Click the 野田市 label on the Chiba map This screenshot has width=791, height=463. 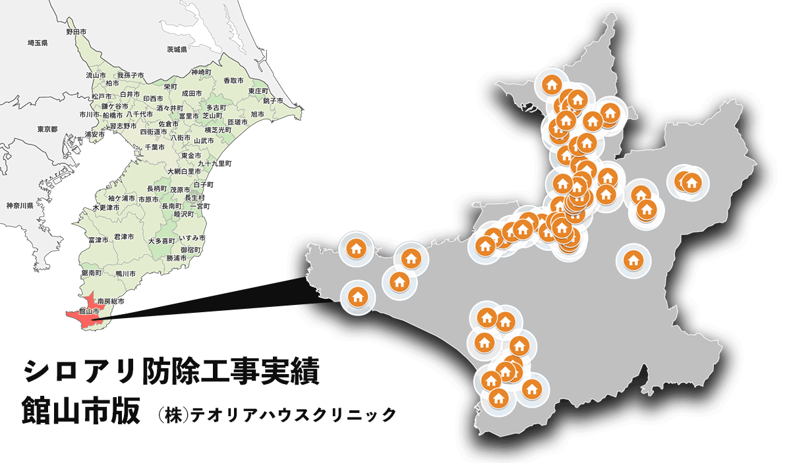tap(76, 32)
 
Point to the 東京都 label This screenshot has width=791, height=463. tap(48, 128)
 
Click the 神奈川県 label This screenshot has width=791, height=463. tap(20, 206)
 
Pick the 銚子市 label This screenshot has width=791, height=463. tap(272, 101)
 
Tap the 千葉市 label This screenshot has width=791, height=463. tap(154, 147)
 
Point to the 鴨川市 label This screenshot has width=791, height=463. tap(124, 273)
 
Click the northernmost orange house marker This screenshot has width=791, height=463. tap(551, 85)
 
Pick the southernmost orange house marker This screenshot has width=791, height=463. tap(498, 398)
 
